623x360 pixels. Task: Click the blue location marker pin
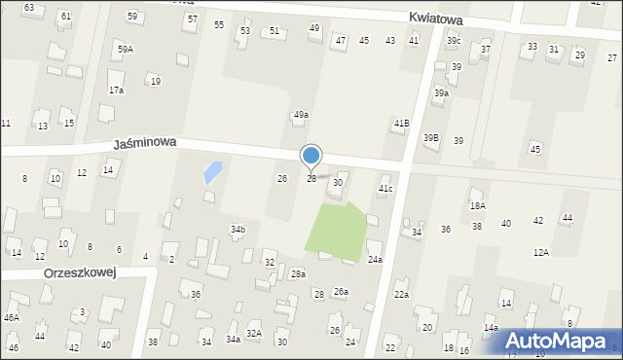pos(311,156)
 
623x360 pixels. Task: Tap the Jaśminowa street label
pos(144,142)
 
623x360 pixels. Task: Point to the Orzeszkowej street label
pos(80,273)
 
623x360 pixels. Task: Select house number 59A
pos(126,49)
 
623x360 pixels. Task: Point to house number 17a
pos(116,90)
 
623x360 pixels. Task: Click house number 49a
pos(302,115)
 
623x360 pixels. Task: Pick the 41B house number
pos(401,124)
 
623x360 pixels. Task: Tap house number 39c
pos(454,40)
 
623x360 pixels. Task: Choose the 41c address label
pos(385,188)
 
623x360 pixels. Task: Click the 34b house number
pos(238,229)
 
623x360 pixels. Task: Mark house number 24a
pos(375,260)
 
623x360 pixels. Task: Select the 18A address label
pos(477,205)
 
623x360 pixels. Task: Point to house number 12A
pos(541,252)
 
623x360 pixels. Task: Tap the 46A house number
pos(12,317)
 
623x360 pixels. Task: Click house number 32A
pos(253,333)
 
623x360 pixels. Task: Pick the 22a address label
pos(401,294)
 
